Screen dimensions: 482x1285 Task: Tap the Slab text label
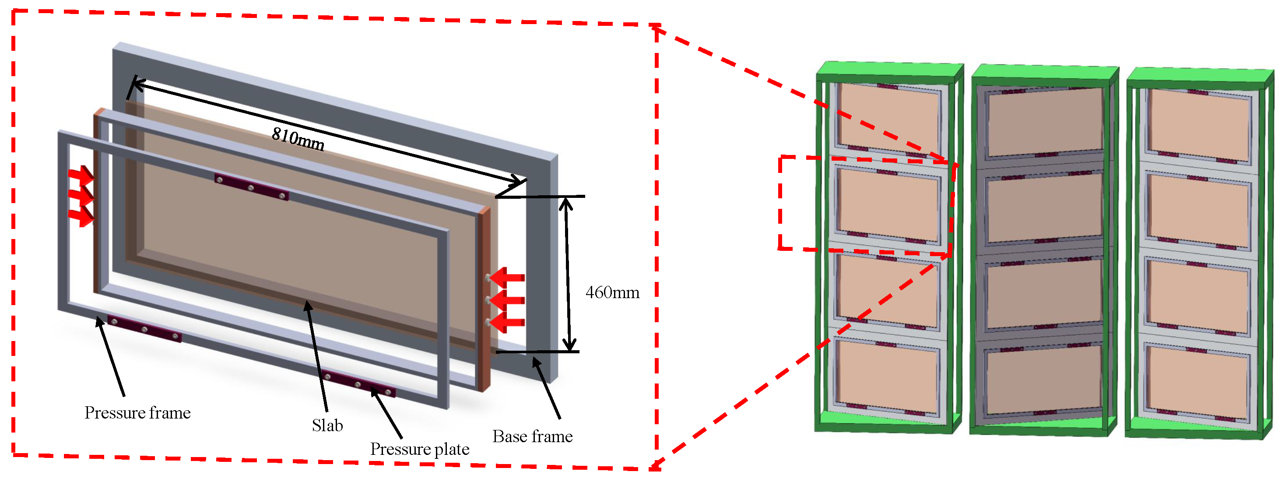click(x=327, y=426)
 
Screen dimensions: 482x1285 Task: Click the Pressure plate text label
click(x=420, y=449)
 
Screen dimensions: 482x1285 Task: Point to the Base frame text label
click(x=532, y=436)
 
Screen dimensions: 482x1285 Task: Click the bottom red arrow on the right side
click(x=507, y=323)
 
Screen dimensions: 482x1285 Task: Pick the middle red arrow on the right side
click(x=507, y=300)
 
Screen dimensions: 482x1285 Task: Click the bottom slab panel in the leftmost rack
click(x=887, y=377)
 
